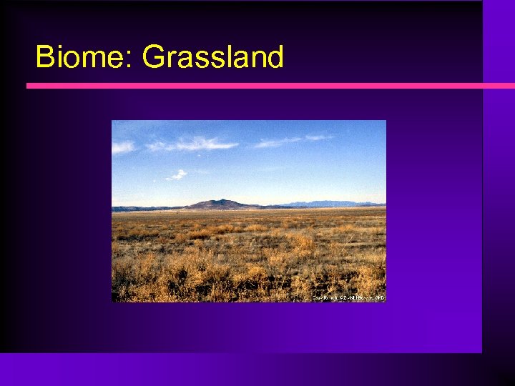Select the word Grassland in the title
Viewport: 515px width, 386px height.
click(x=212, y=57)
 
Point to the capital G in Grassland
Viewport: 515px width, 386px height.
click(x=154, y=57)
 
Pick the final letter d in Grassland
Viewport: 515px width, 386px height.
click(x=275, y=57)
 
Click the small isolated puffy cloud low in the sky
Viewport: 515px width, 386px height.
click(x=177, y=174)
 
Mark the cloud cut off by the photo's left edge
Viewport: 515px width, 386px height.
click(x=122, y=147)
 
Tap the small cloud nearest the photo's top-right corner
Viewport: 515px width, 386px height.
click(x=319, y=137)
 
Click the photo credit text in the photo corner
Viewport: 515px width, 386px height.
click(x=348, y=297)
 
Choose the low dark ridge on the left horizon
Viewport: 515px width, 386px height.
click(x=139, y=209)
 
